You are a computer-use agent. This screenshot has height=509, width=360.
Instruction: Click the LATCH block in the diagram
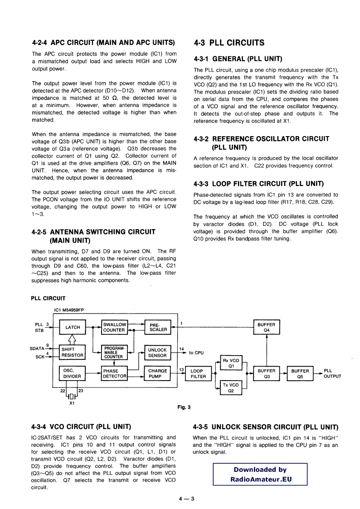(x=73, y=327)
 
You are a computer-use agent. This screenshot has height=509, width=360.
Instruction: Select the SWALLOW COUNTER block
(x=115, y=327)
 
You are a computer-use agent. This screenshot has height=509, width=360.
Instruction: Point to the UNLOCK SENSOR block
(x=158, y=352)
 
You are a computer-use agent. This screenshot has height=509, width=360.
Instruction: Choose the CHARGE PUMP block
(x=158, y=373)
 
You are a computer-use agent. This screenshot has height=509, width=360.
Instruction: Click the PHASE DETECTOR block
(x=115, y=373)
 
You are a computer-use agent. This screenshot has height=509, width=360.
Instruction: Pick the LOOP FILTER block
(x=198, y=373)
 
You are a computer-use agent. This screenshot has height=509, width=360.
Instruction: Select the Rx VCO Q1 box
(x=231, y=363)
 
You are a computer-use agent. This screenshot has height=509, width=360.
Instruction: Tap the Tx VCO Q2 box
(x=231, y=387)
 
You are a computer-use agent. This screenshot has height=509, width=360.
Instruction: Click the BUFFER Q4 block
(x=267, y=327)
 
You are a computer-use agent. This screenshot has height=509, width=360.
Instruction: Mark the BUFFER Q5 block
(x=300, y=373)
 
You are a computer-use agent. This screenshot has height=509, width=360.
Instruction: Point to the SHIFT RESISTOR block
(x=73, y=352)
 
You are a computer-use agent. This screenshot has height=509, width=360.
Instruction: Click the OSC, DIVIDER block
(x=73, y=373)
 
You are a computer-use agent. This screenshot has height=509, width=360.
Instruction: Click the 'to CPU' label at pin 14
(x=196, y=352)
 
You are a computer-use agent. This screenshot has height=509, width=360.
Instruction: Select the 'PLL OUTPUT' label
(x=332, y=373)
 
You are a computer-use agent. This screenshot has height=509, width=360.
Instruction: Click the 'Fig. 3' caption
(x=184, y=407)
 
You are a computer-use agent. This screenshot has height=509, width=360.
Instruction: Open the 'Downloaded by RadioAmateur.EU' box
(x=260, y=474)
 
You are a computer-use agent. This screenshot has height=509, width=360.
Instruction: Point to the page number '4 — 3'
(x=186, y=499)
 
